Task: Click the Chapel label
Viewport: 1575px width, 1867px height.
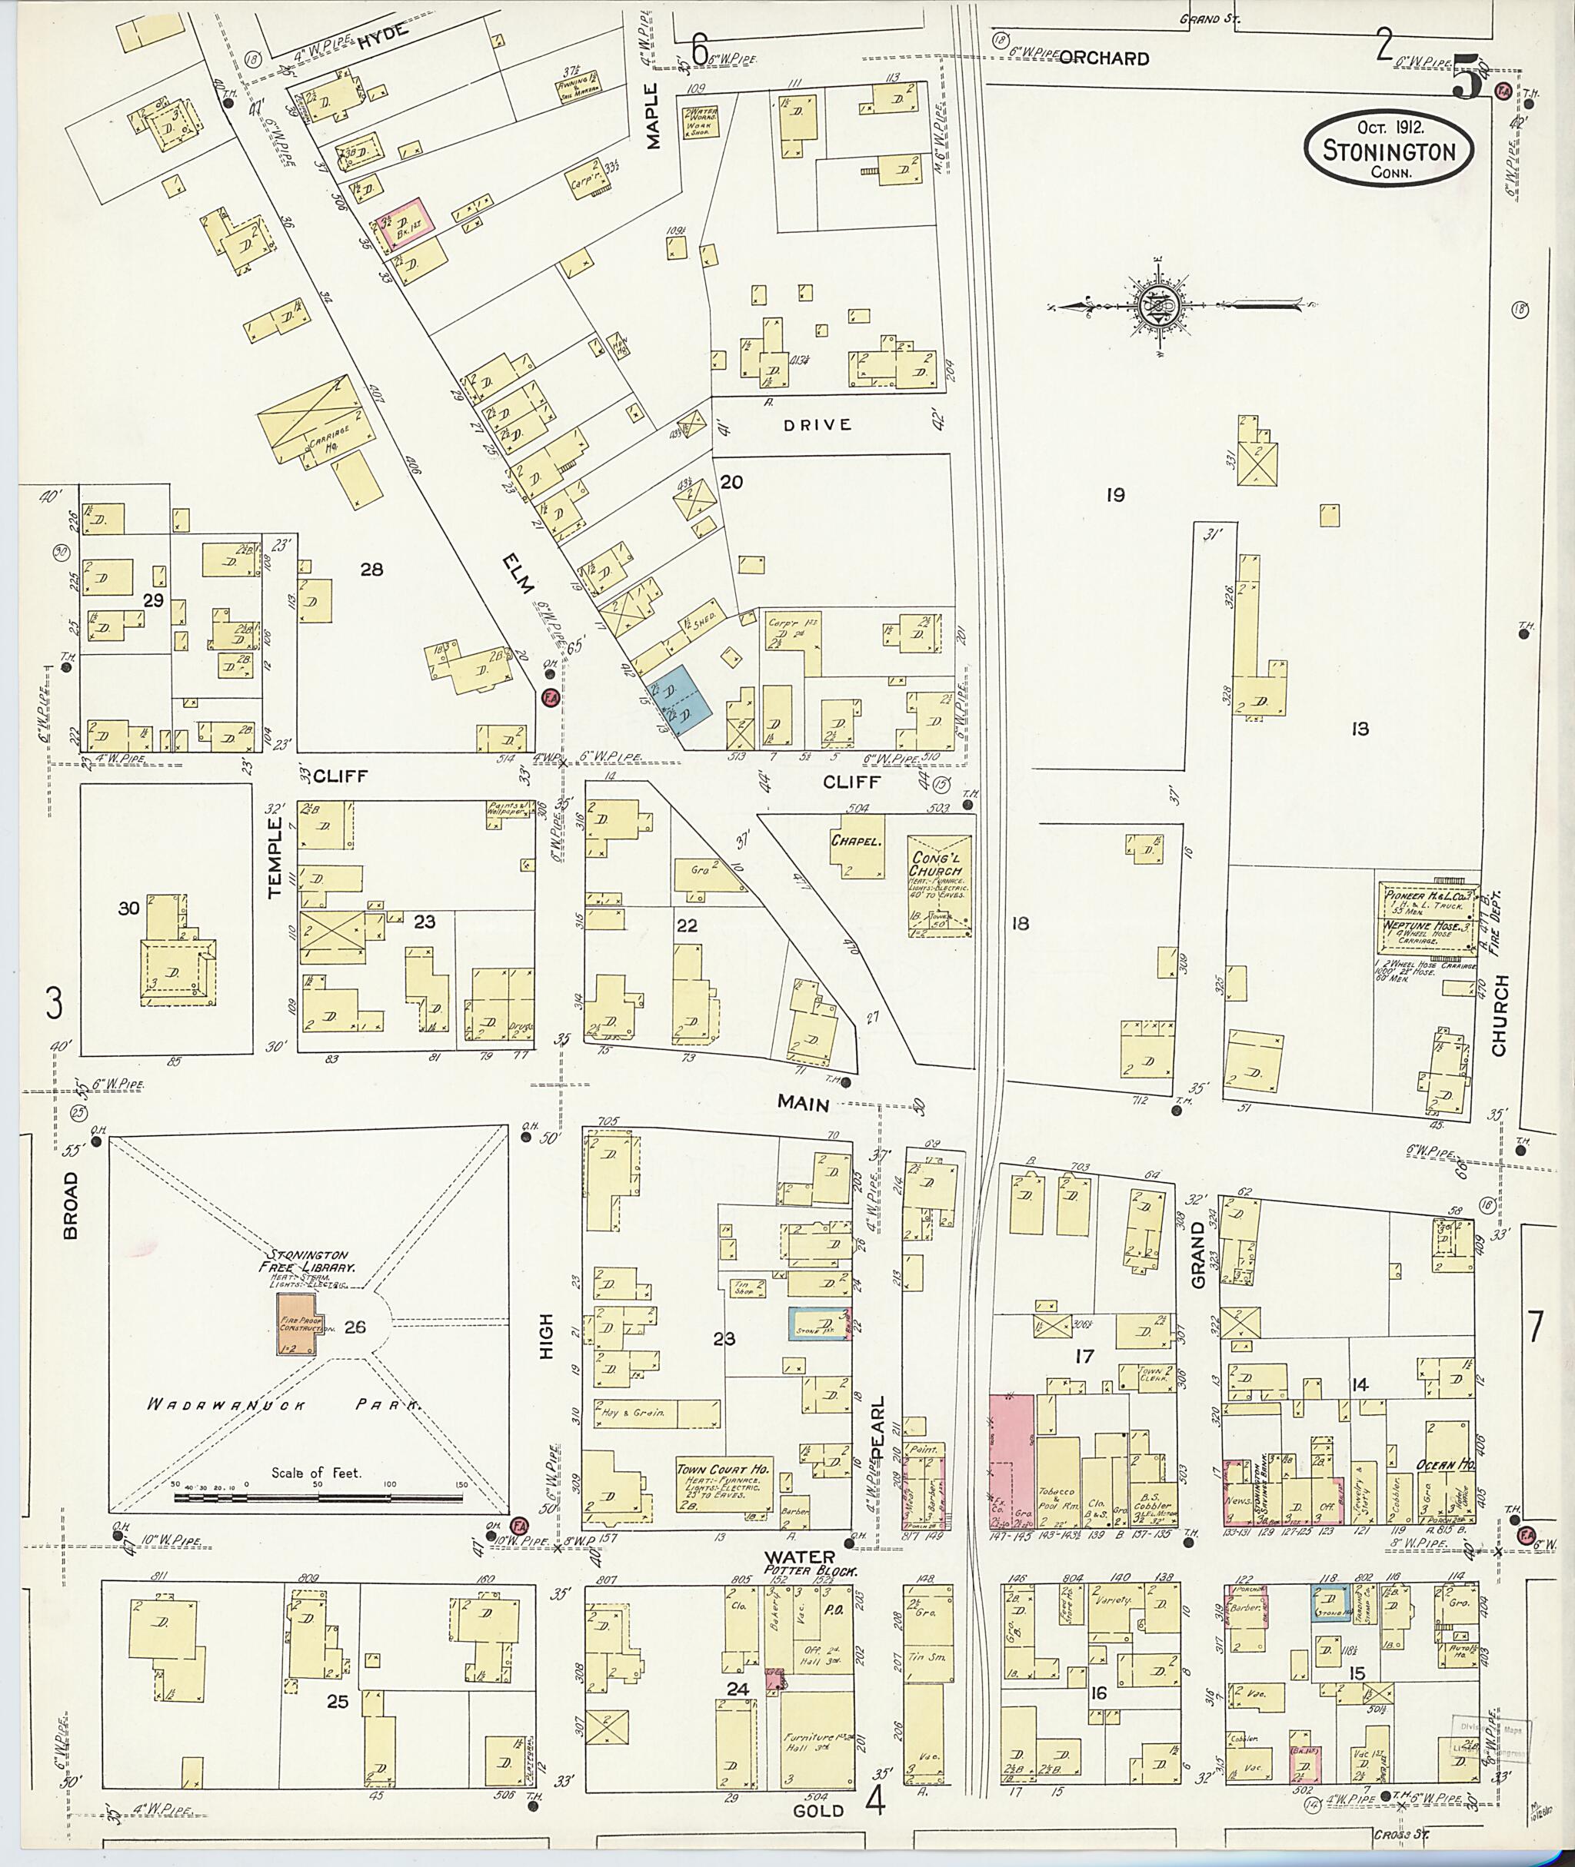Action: click(x=856, y=841)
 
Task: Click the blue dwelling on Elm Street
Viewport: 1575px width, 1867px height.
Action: click(x=683, y=700)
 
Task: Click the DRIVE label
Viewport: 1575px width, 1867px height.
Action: click(x=817, y=425)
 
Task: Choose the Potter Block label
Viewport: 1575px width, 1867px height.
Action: click(x=810, y=1570)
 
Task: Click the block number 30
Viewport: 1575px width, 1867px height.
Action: click(x=128, y=909)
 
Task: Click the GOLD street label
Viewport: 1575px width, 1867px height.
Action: click(x=817, y=1811)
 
